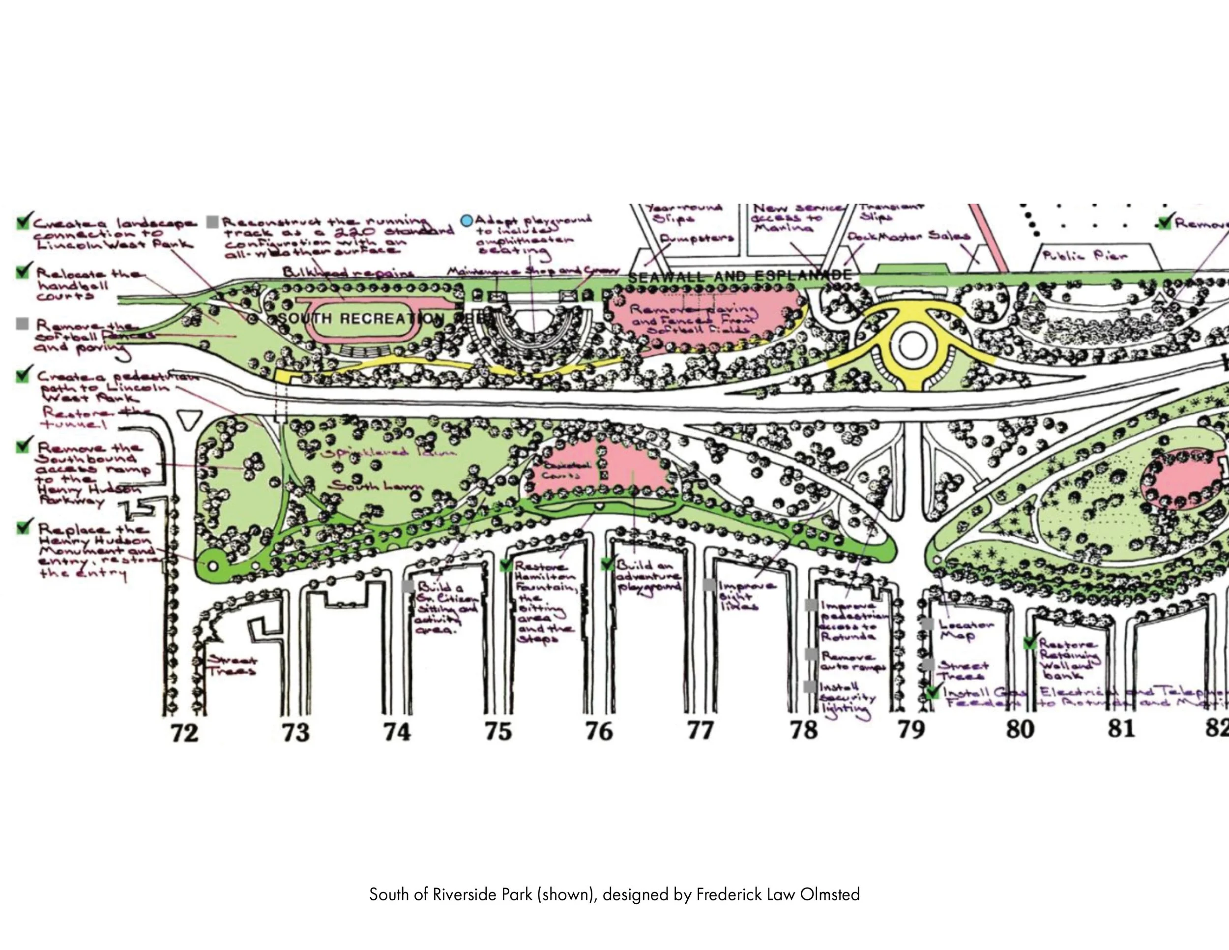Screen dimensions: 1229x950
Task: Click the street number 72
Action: (184, 732)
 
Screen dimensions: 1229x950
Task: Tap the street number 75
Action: (498, 731)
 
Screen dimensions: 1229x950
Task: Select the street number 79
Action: (911, 730)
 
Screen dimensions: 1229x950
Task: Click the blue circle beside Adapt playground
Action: (467, 221)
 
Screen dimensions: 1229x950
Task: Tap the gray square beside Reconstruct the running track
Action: (213, 222)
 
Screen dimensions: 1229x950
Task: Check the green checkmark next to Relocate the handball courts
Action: (23, 271)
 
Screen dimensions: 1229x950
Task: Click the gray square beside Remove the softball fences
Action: (22, 324)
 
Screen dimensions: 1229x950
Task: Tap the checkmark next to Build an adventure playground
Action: (608, 563)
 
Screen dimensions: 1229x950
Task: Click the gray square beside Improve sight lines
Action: (709, 585)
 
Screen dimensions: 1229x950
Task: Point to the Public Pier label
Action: (1085, 256)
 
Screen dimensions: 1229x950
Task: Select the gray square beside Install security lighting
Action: (810, 686)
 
